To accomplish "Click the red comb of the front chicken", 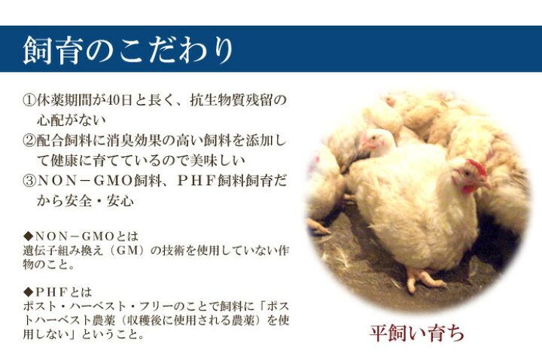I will click(x=476, y=166).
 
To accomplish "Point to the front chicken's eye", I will click(x=471, y=175).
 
